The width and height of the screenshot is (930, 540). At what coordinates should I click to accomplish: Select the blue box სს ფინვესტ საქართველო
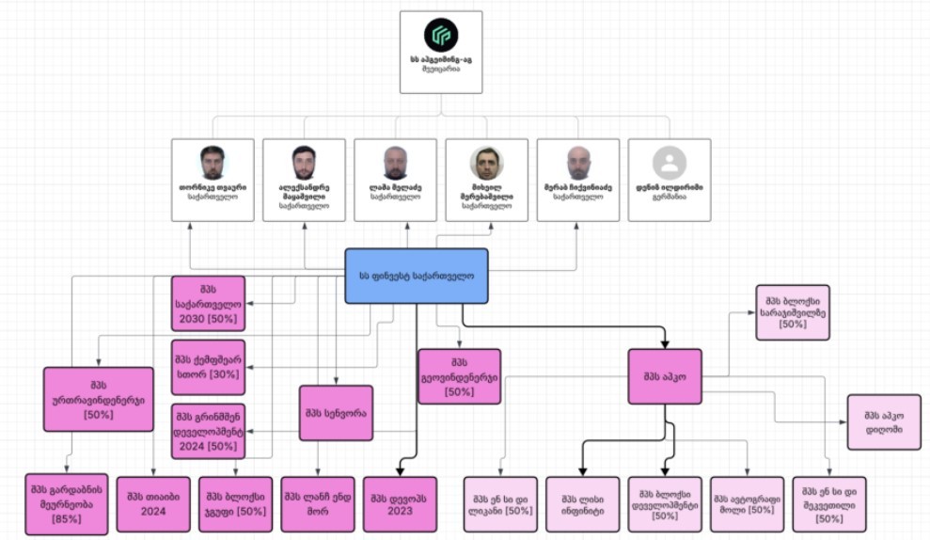(x=416, y=276)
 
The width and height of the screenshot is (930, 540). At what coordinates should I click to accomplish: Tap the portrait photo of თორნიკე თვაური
(x=213, y=163)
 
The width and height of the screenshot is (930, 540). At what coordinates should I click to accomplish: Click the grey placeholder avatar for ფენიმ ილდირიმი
(x=670, y=163)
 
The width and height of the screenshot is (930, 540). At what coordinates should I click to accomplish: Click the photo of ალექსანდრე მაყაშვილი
(x=303, y=163)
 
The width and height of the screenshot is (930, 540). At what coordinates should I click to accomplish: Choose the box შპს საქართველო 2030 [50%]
(x=208, y=304)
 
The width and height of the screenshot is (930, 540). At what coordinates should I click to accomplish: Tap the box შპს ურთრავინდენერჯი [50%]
(x=98, y=399)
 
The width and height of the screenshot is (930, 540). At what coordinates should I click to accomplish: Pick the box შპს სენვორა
(x=336, y=413)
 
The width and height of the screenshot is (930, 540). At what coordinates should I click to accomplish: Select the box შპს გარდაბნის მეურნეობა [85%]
(x=66, y=504)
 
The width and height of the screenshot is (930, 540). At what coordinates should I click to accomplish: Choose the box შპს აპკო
(x=666, y=378)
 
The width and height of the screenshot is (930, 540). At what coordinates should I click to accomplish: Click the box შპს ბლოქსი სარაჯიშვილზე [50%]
(x=792, y=312)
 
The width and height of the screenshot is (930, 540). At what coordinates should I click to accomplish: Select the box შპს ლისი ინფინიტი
(x=582, y=504)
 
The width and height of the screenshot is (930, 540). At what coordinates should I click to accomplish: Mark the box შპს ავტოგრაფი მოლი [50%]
(x=747, y=504)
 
